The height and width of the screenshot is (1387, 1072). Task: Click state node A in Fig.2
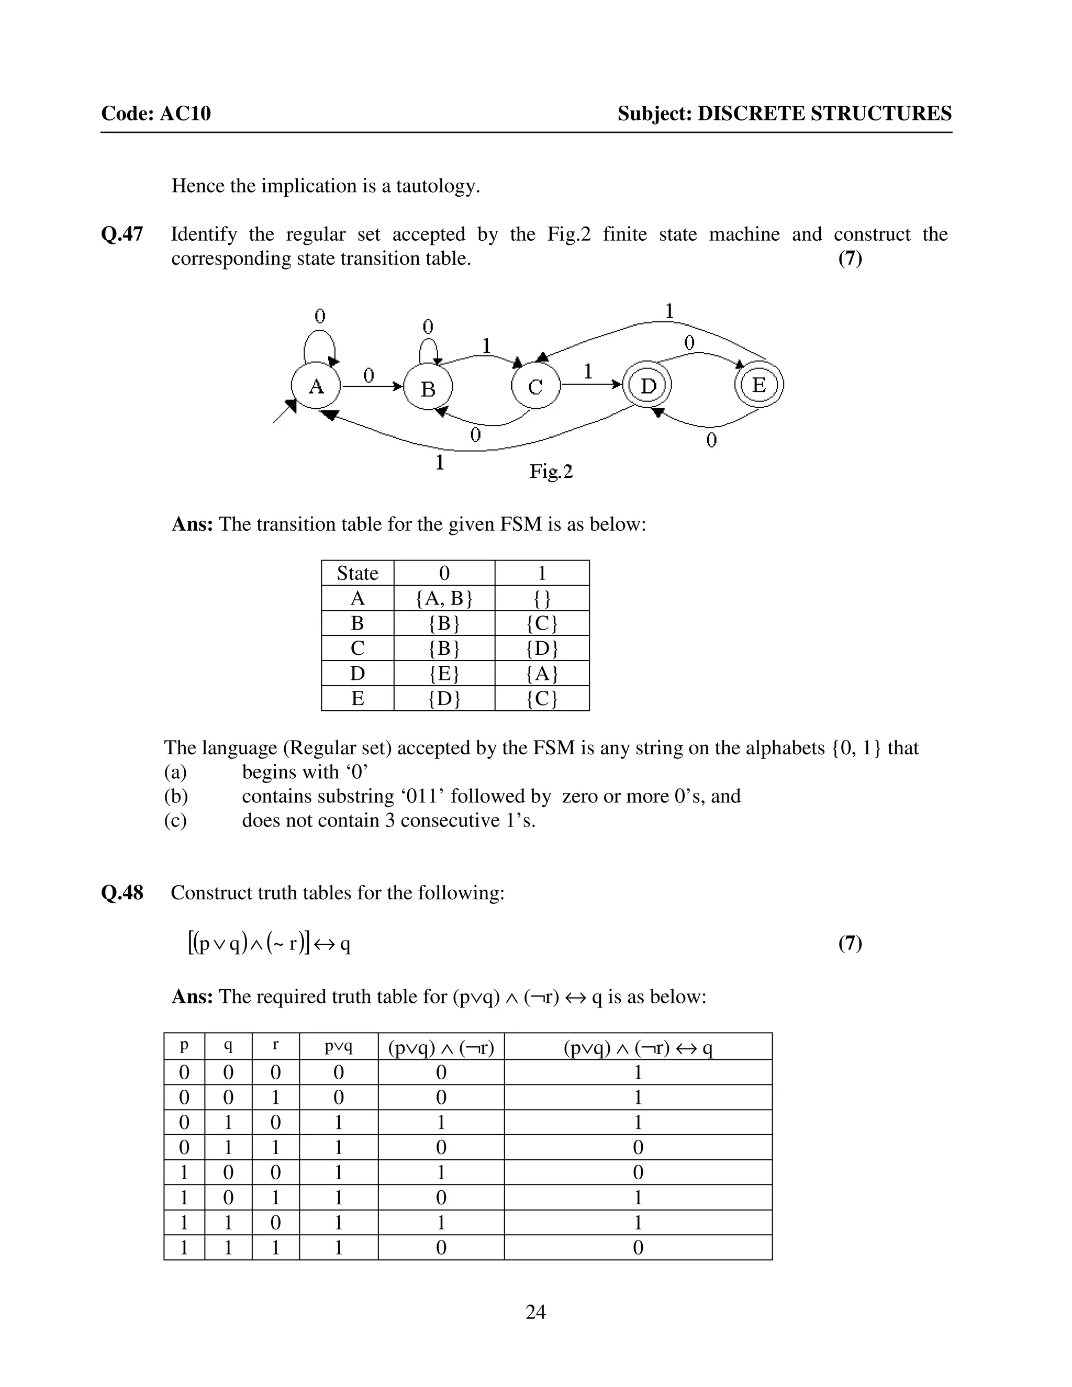click(316, 386)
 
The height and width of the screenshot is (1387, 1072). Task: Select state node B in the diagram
click(428, 388)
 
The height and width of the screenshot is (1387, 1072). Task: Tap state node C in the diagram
click(535, 386)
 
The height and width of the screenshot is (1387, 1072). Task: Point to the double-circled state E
click(759, 384)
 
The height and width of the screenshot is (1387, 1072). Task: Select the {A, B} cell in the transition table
click(444, 598)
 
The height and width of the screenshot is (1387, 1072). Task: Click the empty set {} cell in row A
click(542, 598)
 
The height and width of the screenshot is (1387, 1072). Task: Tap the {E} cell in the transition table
click(444, 673)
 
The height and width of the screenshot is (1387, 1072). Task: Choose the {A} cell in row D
click(542, 673)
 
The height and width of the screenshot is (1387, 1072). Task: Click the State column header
click(358, 574)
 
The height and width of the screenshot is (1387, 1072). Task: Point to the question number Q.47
click(122, 234)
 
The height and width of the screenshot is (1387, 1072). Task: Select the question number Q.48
click(122, 893)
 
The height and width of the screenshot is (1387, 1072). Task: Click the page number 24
click(535, 1312)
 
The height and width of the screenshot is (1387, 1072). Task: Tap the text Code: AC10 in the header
click(156, 114)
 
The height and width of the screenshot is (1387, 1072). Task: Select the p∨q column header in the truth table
click(339, 1046)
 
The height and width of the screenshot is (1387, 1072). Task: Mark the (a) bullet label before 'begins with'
click(175, 772)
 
